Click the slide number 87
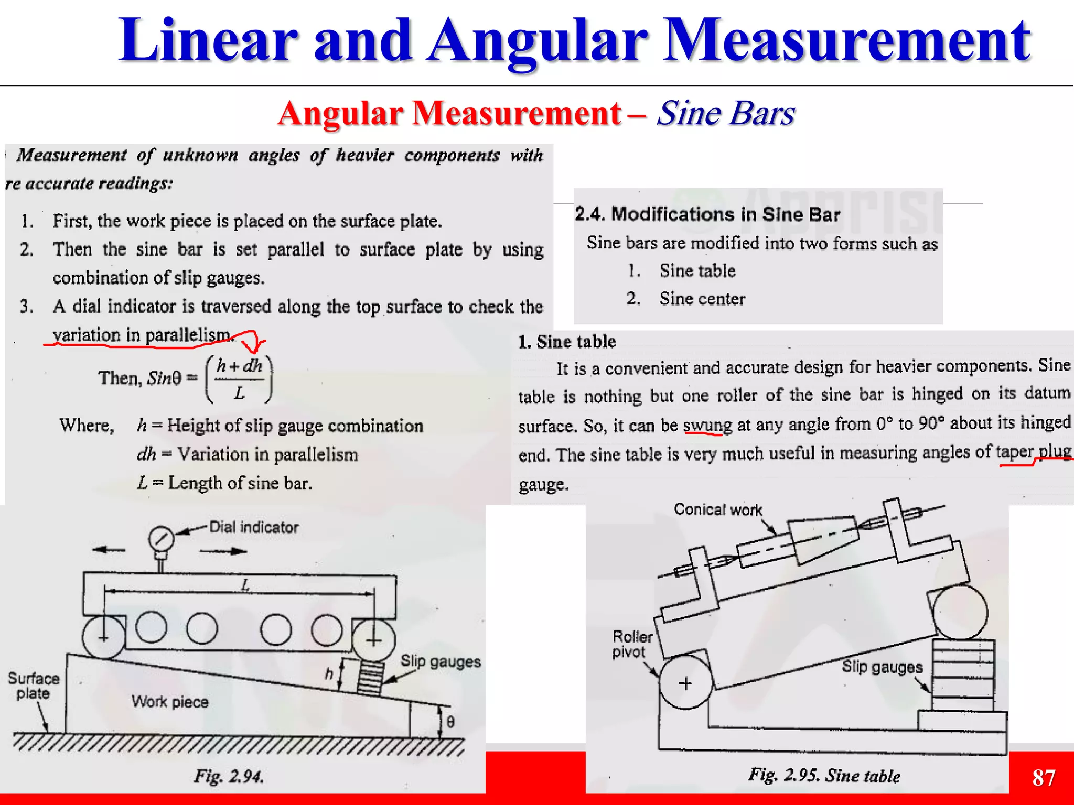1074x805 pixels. [x=1044, y=778]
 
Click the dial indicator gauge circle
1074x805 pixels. [x=161, y=539]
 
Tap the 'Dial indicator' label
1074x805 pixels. [x=254, y=527]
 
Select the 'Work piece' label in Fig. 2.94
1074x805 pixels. [x=170, y=702]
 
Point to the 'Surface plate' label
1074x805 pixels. [x=34, y=686]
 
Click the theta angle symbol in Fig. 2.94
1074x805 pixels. [x=450, y=722]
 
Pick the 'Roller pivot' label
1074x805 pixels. [x=632, y=645]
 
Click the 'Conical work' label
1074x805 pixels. [x=718, y=509]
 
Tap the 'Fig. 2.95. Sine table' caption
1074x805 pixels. [x=824, y=776]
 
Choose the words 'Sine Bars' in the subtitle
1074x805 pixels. [x=726, y=113]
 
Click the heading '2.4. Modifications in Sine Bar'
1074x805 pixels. [x=707, y=214]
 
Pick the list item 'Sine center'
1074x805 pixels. [x=702, y=299]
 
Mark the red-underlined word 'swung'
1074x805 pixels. [x=707, y=425]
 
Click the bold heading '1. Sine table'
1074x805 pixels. [x=567, y=342]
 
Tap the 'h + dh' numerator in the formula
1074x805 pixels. [x=239, y=366]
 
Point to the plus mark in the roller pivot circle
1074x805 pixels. [x=685, y=683]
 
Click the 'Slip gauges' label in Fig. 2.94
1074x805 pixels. [x=441, y=661]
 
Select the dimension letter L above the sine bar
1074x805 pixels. [x=245, y=585]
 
